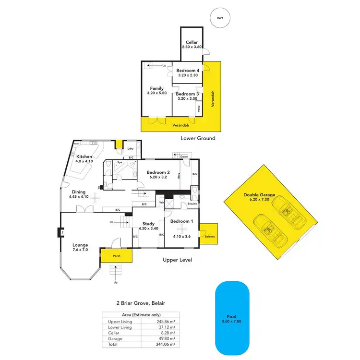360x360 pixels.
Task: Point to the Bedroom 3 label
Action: [x=188, y=96]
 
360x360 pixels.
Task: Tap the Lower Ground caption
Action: [x=198, y=138]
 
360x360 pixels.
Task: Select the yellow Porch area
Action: [x=116, y=255]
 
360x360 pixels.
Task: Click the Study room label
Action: [x=148, y=226]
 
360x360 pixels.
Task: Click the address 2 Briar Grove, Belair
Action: [x=140, y=303]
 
